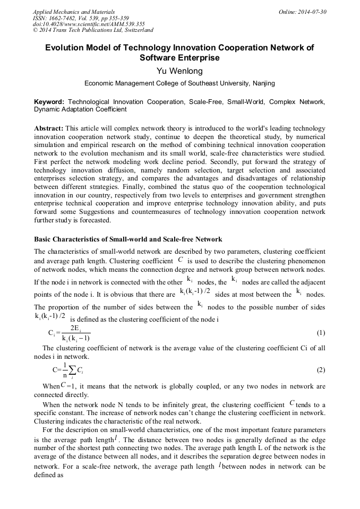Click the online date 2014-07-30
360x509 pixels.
click(x=311, y=12)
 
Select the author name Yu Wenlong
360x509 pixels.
click(x=179, y=71)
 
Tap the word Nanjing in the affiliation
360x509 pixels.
click(x=263, y=83)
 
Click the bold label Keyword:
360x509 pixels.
click(x=49, y=101)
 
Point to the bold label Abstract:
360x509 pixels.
click(x=49, y=128)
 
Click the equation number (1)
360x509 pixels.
click(x=321, y=333)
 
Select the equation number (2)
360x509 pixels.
click(x=321, y=369)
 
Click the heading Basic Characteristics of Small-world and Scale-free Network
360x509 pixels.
click(x=128, y=239)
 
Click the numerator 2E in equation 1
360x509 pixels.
click(x=75, y=328)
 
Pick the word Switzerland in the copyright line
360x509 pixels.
click(x=135, y=30)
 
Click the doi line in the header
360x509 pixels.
click(x=89, y=24)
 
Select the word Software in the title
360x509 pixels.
click(x=156, y=57)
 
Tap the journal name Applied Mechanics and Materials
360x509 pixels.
click(x=74, y=12)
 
